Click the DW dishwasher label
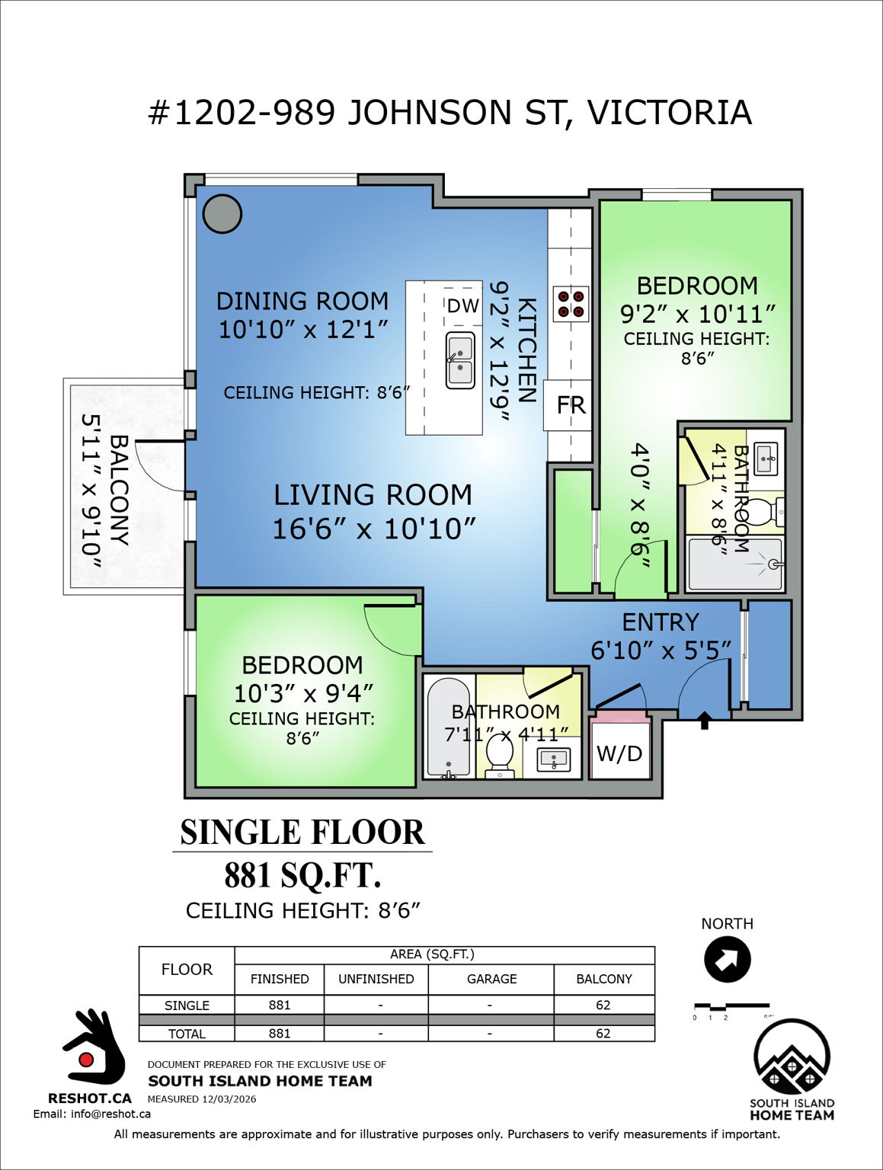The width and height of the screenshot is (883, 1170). point(462,305)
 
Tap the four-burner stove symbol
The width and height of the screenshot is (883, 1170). point(571,304)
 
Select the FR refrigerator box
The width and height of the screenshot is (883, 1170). point(570,404)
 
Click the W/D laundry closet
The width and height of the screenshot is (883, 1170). point(619,753)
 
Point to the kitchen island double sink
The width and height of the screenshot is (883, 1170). point(460,360)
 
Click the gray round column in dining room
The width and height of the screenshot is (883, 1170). point(222,213)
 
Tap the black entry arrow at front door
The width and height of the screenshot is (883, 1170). point(704,720)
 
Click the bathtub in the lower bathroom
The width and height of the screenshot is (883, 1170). point(449,727)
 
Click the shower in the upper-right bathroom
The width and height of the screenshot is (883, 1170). point(735,564)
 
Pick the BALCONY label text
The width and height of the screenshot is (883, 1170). point(119,490)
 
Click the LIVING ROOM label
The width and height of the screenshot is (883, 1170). point(373,495)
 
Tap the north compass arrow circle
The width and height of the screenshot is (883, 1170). point(727,959)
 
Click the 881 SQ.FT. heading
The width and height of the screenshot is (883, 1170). point(302,875)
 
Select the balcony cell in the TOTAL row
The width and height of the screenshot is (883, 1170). point(603,1033)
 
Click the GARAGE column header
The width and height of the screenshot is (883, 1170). point(491,979)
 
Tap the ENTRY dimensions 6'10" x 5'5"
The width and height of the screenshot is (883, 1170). point(661,651)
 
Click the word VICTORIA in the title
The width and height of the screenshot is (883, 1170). point(669,113)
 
